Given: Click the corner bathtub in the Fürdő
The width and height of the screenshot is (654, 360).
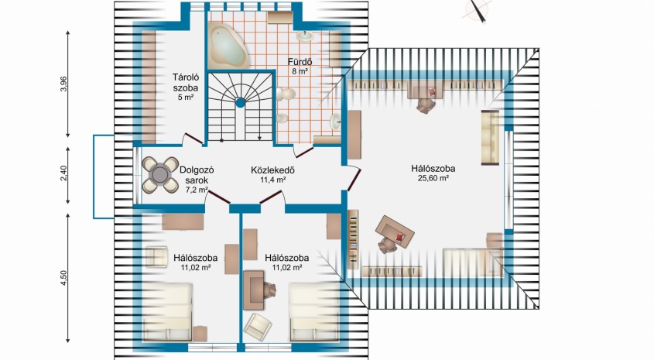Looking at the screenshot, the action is (228, 46).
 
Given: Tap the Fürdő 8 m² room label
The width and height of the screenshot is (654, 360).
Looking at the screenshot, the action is (300, 67).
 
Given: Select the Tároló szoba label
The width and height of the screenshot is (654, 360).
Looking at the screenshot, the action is (186, 83).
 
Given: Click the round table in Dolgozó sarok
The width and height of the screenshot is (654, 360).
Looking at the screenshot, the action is (159, 174).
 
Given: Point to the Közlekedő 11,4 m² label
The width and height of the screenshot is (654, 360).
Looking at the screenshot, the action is (273, 175).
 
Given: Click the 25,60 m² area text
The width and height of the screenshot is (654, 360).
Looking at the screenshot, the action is (433, 178).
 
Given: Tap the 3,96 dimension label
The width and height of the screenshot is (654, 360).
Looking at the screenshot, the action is (63, 84).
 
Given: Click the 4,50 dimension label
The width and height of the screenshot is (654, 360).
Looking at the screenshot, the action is (63, 278).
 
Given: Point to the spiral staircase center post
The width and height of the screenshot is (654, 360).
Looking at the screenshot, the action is (240, 102).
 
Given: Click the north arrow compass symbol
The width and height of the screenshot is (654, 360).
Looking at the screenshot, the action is (478, 11).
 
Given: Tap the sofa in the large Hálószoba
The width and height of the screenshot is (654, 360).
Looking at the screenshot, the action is (491, 138).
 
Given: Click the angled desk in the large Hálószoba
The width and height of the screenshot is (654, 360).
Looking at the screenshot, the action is (395, 231).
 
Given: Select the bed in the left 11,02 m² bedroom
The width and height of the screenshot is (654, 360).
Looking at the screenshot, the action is (167, 311).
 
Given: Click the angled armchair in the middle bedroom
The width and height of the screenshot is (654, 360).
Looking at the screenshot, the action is (258, 327).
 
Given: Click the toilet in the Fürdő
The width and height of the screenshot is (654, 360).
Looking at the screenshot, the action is (286, 94).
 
